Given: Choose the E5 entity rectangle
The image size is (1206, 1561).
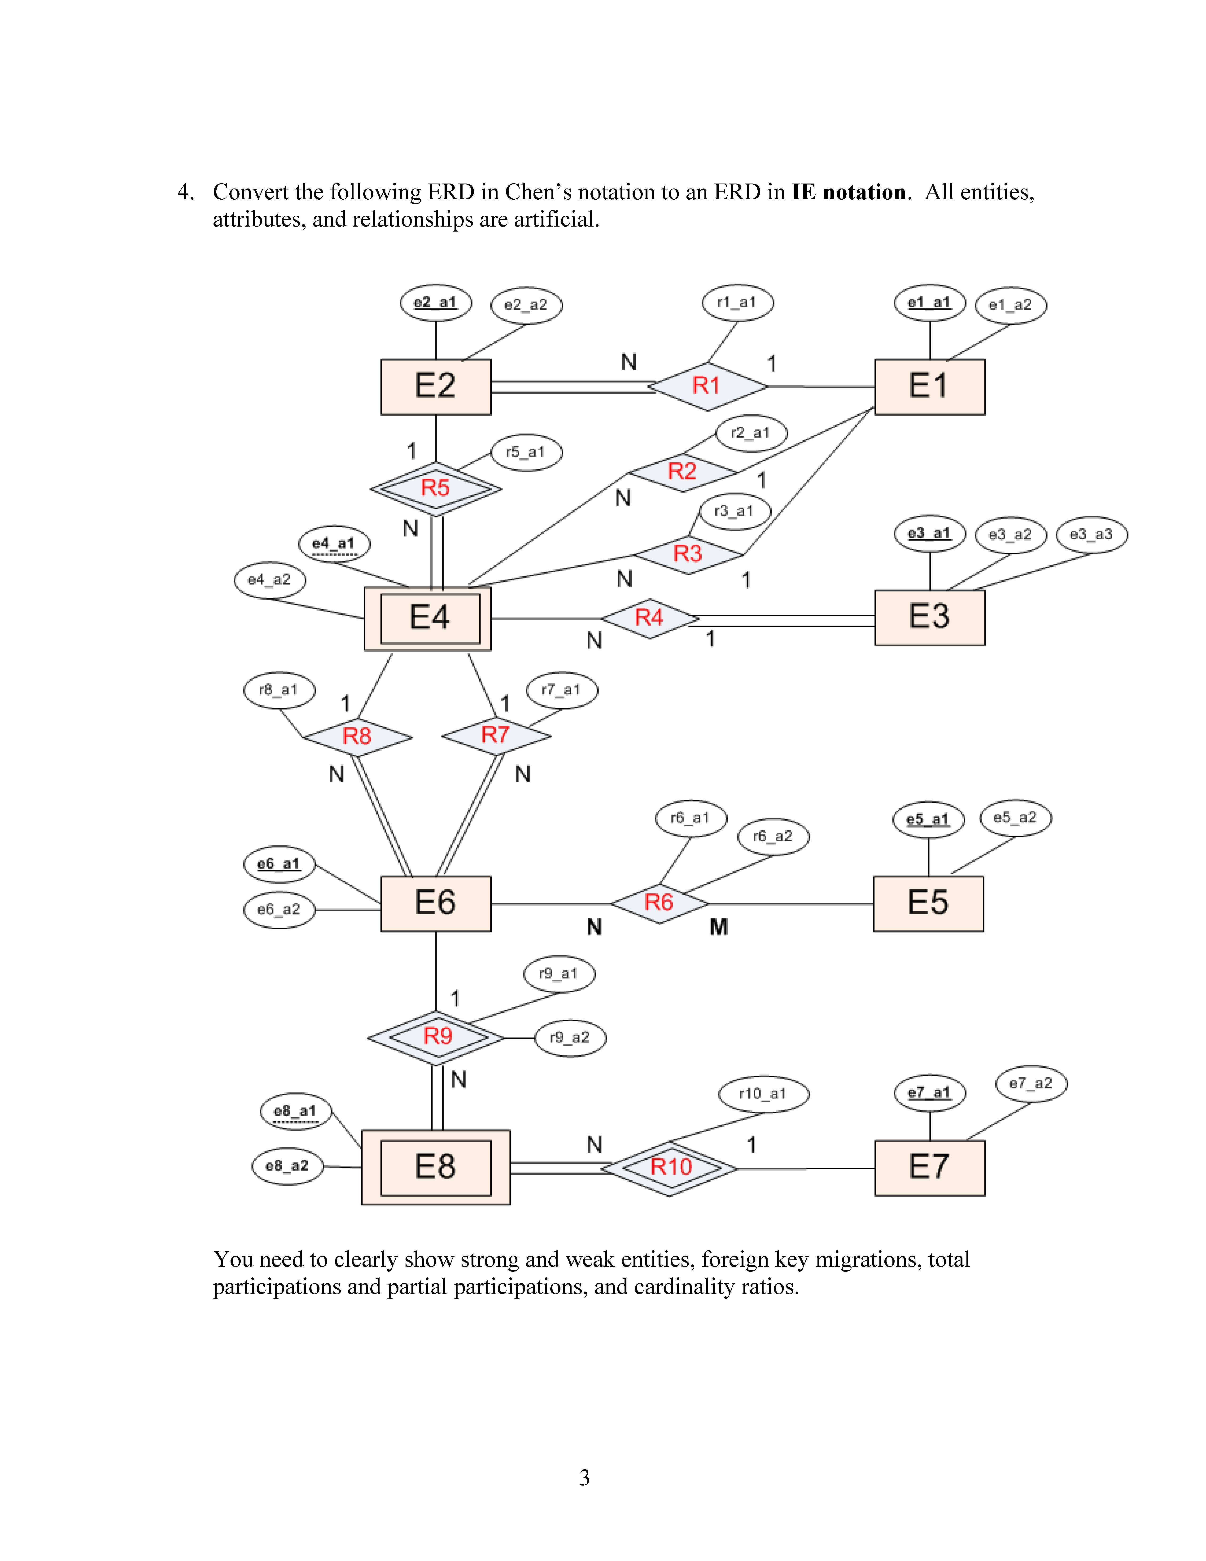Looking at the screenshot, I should [928, 903].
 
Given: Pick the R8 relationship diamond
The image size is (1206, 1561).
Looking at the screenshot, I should [357, 736].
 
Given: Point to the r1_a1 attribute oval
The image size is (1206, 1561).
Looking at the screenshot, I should [737, 302].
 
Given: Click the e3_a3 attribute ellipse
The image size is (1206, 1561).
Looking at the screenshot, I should [1091, 535].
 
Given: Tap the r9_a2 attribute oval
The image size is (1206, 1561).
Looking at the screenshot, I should [569, 1038].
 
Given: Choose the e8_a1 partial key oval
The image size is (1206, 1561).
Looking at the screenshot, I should [295, 1111].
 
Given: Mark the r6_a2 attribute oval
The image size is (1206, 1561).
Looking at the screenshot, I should [773, 836].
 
